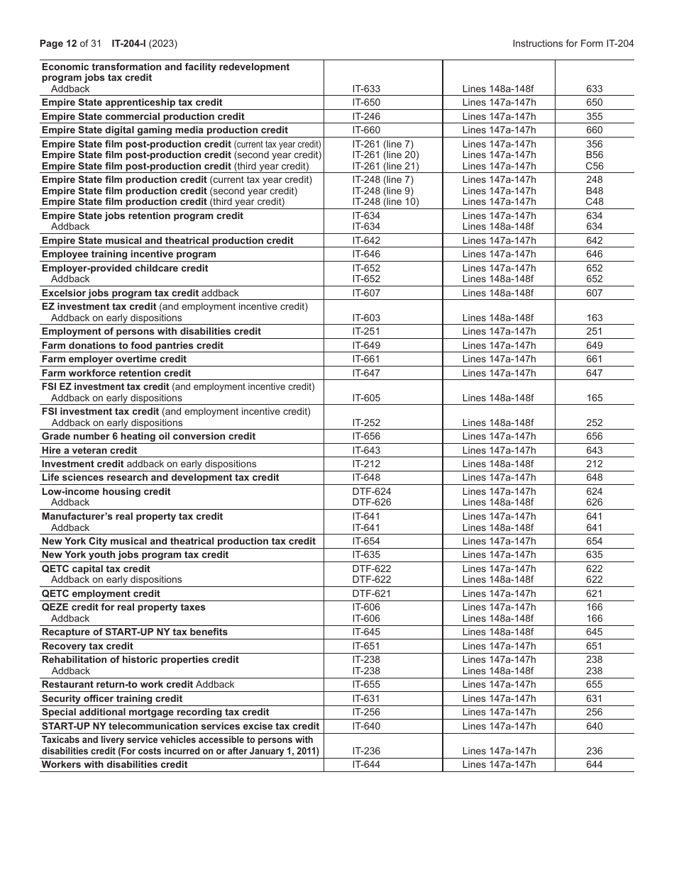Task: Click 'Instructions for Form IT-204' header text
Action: tap(573, 44)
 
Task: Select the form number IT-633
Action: tap(366, 89)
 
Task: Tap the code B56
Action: tap(595, 155)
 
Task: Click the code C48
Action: tap(595, 202)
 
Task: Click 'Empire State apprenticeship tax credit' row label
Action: tap(132, 103)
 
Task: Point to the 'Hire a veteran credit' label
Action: tap(89, 451)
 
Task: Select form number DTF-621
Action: tap(371, 594)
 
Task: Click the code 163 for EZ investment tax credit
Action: tap(595, 318)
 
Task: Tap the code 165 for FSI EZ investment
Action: tap(595, 398)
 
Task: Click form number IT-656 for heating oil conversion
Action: tap(366, 437)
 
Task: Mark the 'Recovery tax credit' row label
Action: tap(87, 647)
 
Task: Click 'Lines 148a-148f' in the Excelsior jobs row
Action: tap(498, 294)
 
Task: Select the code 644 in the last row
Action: tap(595, 765)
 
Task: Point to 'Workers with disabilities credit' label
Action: tap(115, 765)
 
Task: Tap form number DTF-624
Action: tap(371, 492)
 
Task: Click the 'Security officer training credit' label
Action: tap(112, 699)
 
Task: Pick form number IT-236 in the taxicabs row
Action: tap(366, 751)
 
